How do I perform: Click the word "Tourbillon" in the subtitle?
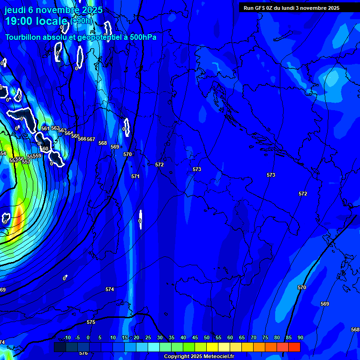26,37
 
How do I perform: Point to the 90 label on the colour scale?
300,337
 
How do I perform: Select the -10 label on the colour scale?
67,337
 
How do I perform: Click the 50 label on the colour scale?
207,337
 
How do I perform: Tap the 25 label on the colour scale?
148,337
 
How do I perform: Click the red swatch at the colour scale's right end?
294,347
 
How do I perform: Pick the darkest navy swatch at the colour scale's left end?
60,347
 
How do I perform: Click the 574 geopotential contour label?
110,289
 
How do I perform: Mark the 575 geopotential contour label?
91,322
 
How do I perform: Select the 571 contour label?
135,176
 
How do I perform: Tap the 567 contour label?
91,139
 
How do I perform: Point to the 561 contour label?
45,128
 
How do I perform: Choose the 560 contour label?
45,149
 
